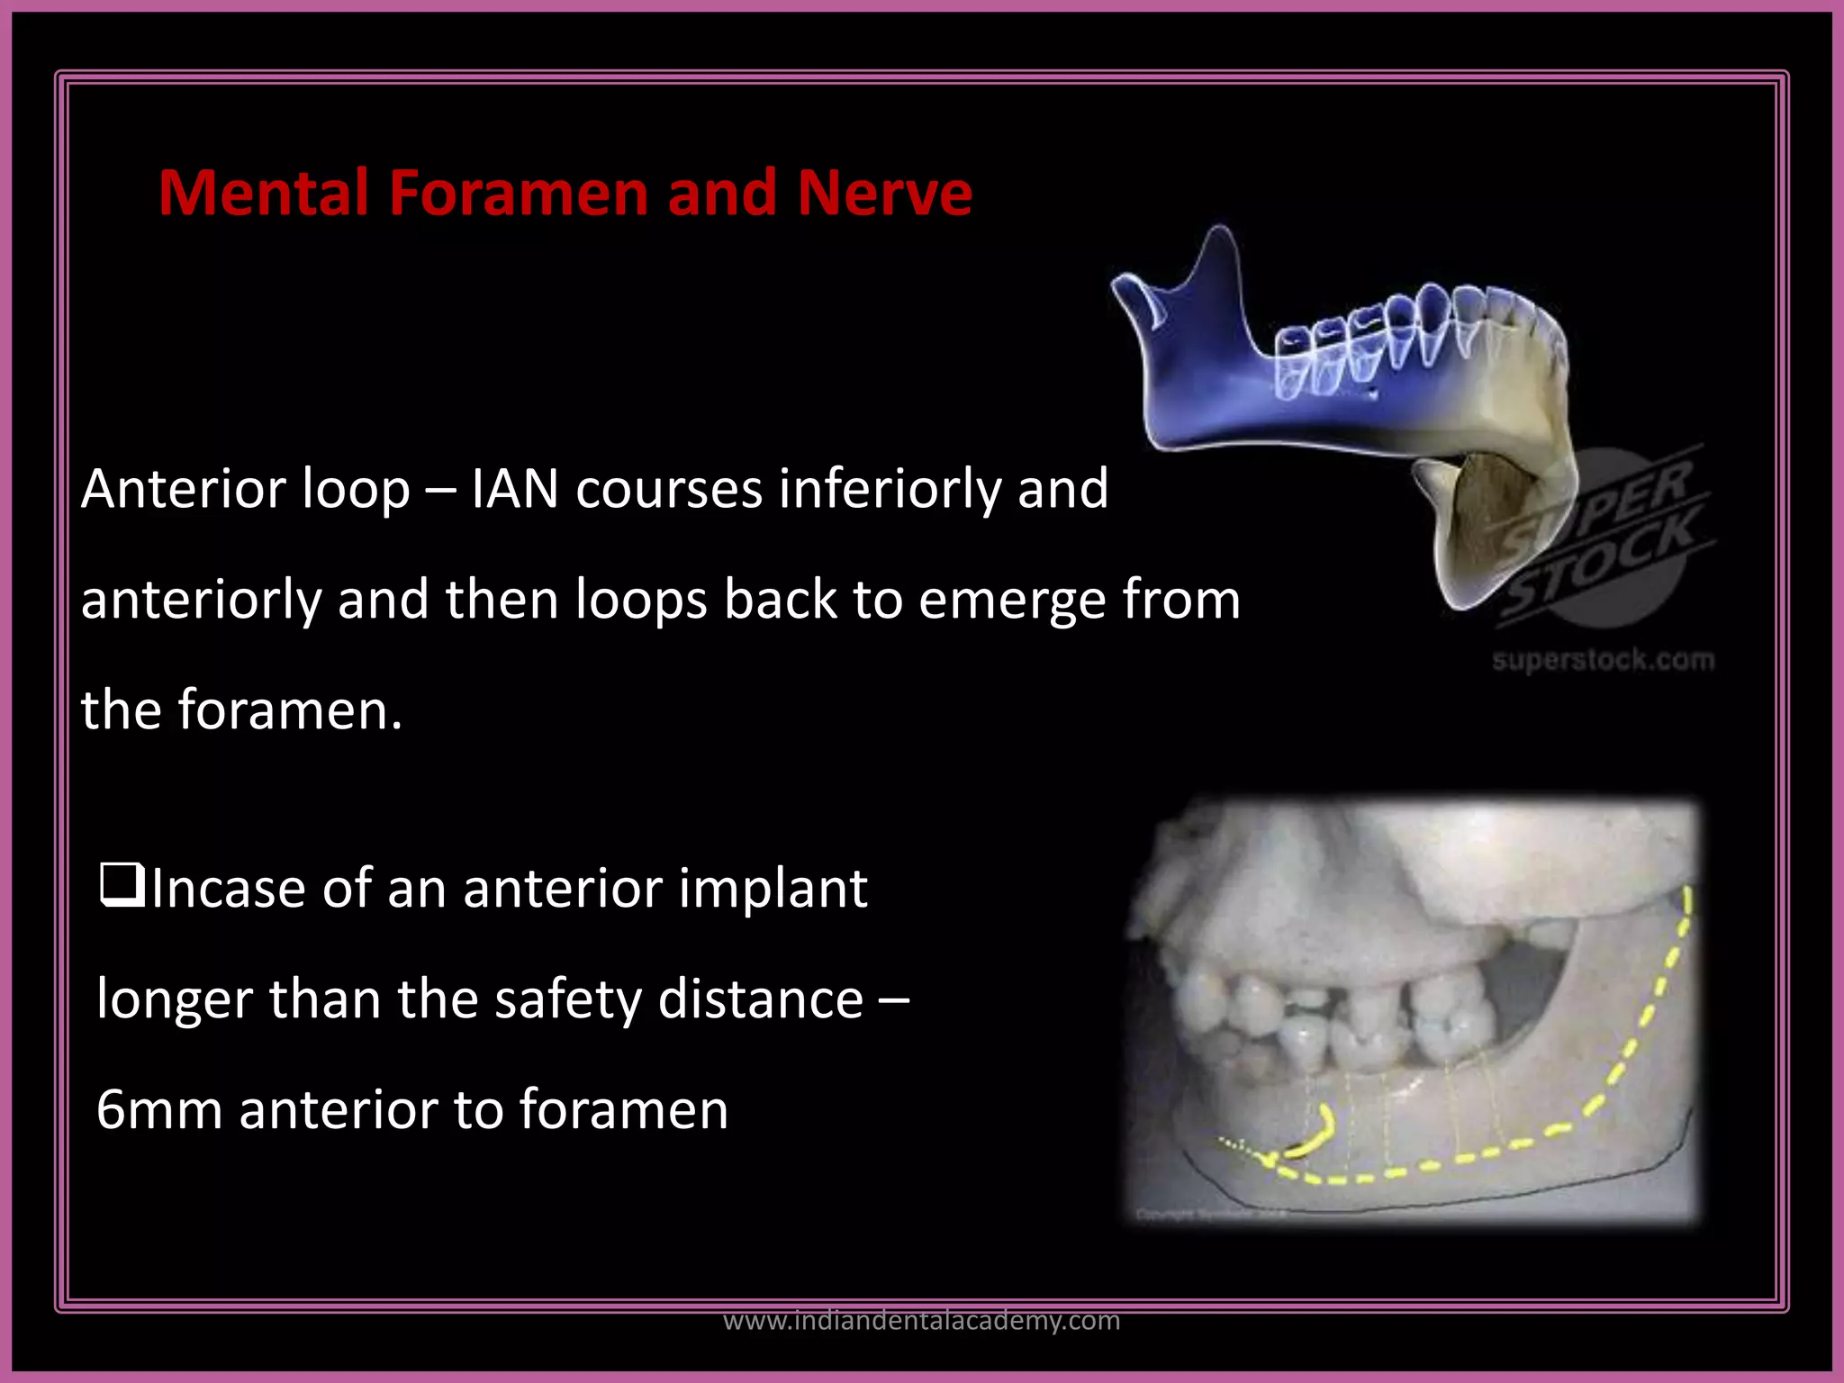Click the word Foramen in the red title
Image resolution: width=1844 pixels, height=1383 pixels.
click(520, 193)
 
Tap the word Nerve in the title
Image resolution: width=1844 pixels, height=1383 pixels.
click(883, 193)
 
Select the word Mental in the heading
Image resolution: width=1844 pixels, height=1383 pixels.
click(263, 193)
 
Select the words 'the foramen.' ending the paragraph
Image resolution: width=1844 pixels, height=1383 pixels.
click(241, 710)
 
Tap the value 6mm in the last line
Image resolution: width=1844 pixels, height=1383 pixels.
click(158, 1110)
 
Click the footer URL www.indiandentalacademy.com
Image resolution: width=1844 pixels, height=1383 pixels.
click(921, 1320)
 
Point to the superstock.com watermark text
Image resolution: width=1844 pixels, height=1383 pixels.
click(1602, 660)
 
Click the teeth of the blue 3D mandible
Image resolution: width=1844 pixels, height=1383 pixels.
click(1405, 338)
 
